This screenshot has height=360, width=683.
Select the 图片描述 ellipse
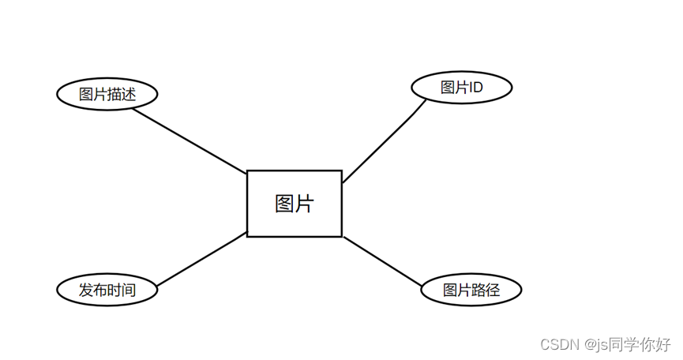(107, 95)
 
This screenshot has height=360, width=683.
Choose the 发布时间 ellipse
(107, 290)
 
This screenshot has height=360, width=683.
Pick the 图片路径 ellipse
(471, 291)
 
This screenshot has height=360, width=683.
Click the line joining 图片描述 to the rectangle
(190, 141)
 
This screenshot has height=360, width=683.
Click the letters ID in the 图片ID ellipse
(475, 88)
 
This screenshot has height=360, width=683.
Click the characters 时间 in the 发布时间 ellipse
(122, 290)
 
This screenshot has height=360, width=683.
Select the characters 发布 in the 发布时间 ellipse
(93, 290)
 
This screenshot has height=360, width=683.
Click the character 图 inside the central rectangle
(284, 204)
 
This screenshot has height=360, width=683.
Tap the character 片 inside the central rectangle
(305, 204)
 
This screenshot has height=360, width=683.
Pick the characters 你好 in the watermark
(655, 345)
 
